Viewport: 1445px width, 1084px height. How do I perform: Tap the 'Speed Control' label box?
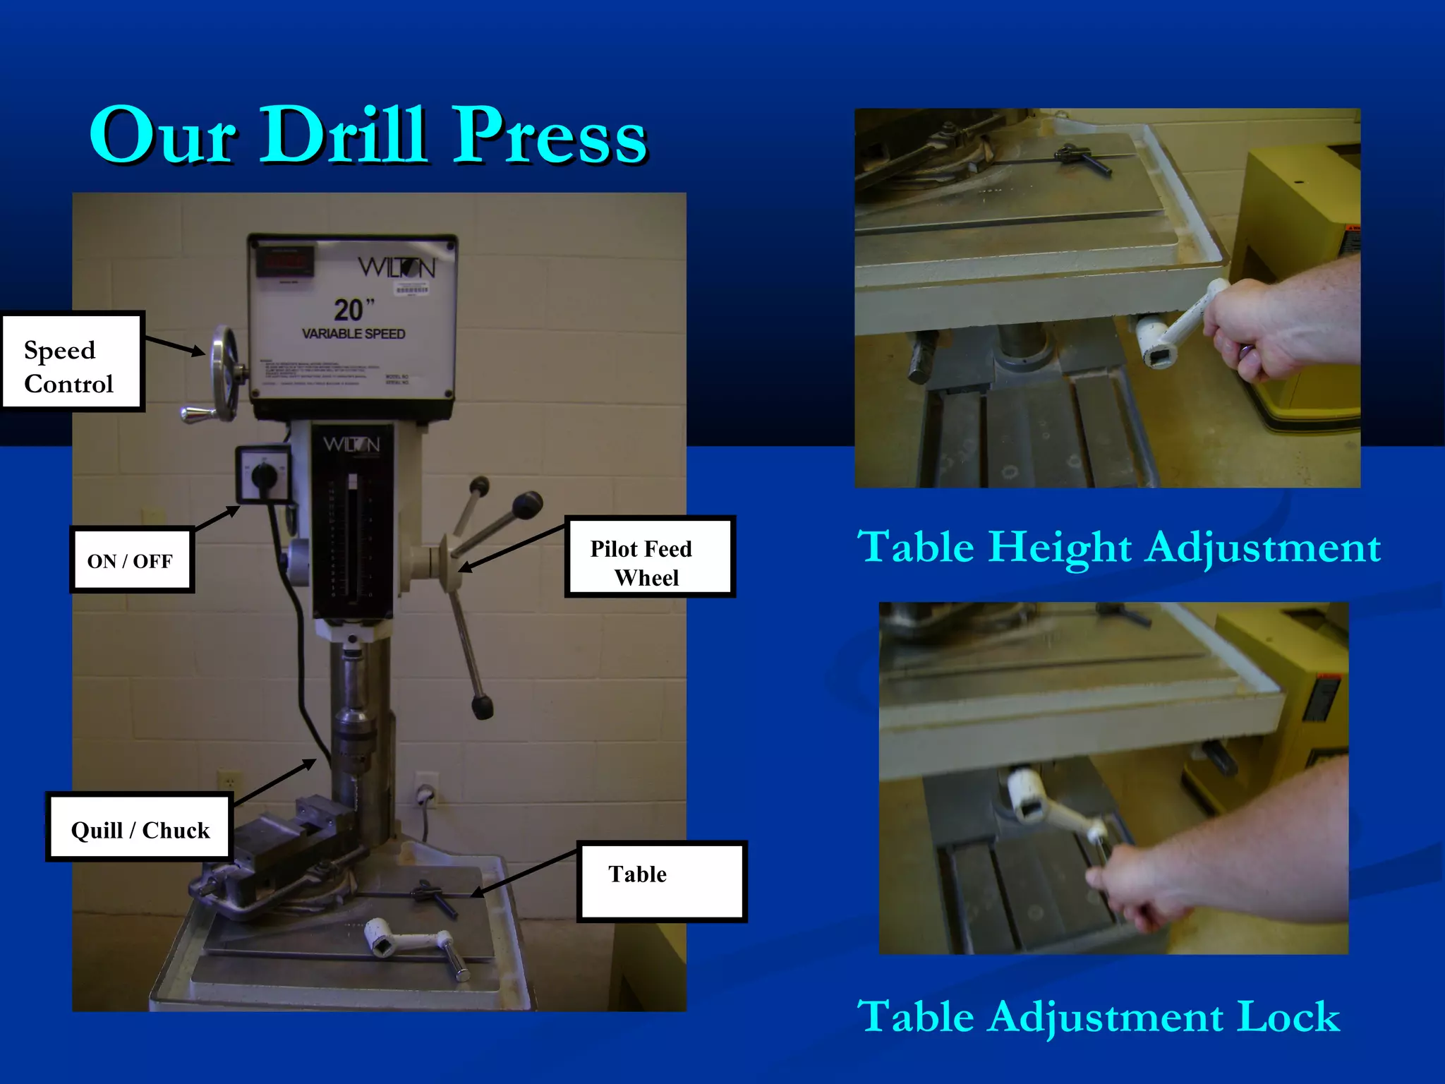[72, 361]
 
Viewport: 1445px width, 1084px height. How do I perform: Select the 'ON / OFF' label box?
[131, 560]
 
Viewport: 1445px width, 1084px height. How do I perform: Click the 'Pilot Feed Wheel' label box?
[649, 557]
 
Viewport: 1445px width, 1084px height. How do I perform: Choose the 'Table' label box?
[661, 881]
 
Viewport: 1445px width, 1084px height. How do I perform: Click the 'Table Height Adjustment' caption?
[1118, 547]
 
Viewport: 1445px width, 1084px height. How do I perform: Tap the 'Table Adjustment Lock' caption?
[1098, 1016]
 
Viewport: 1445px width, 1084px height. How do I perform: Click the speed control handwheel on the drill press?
[225, 373]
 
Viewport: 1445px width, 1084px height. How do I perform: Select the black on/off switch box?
[264, 474]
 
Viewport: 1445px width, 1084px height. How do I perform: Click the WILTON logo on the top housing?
[397, 267]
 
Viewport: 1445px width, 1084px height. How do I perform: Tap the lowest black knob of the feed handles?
[482, 707]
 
